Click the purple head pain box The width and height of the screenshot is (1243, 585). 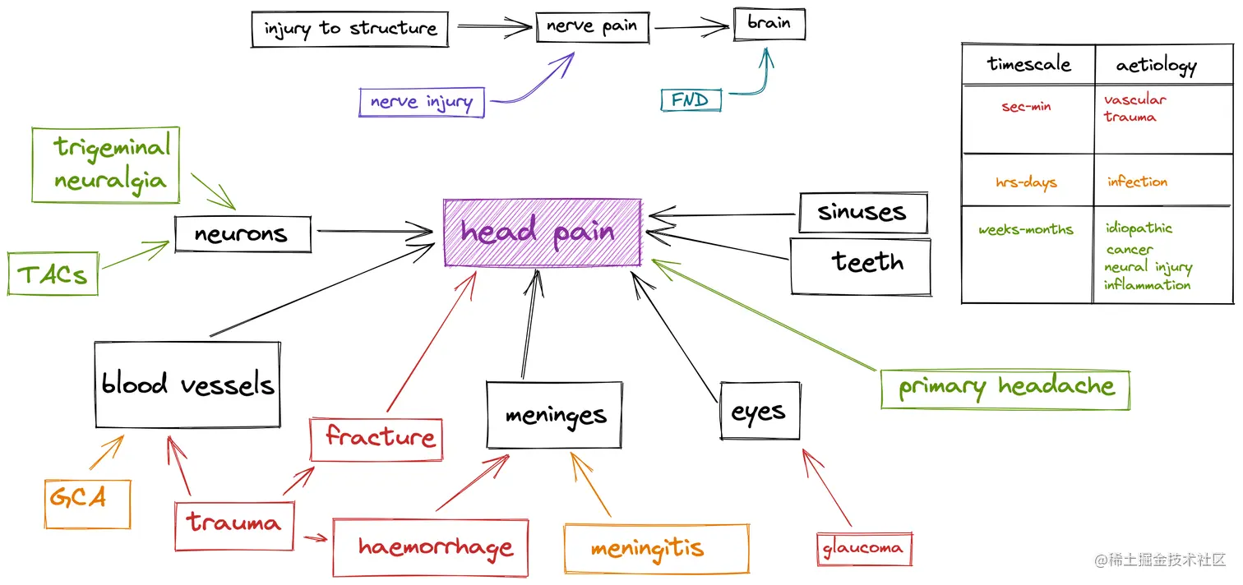pyautogui.click(x=542, y=233)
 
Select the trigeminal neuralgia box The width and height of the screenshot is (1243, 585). pyautogui.click(x=105, y=164)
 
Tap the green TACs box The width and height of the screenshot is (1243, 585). pyautogui.click(x=53, y=274)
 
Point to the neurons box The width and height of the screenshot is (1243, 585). pyautogui.click(x=243, y=234)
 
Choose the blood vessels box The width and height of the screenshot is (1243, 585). pyautogui.click(x=187, y=385)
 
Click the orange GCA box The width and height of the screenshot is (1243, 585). pyautogui.click(x=87, y=504)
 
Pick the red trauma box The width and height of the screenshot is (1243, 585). pyautogui.click(x=233, y=526)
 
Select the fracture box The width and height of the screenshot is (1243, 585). pyautogui.click(x=377, y=439)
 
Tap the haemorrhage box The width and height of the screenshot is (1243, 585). pyautogui.click(x=430, y=547)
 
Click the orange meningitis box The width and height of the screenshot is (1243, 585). pyautogui.click(x=656, y=549)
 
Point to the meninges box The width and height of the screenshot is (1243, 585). pyautogui.click(x=555, y=415)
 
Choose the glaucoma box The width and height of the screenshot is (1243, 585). pyautogui.click(x=863, y=548)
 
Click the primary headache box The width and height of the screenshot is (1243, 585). pyautogui.click(x=1005, y=389)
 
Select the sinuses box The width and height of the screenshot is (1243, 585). pyautogui.click(x=862, y=213)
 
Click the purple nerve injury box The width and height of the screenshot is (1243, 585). pyautogui.click(x=421, y=103)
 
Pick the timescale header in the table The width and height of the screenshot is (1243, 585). pyautogui.click(x=1028, y=64)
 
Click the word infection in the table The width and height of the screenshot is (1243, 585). pyautogui.click(x=1136, y=182)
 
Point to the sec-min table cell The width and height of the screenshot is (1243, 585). pyautogui.click(x=1026, y=107)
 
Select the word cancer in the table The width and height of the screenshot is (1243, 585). pyautogui.click(x=1129, y=249)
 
